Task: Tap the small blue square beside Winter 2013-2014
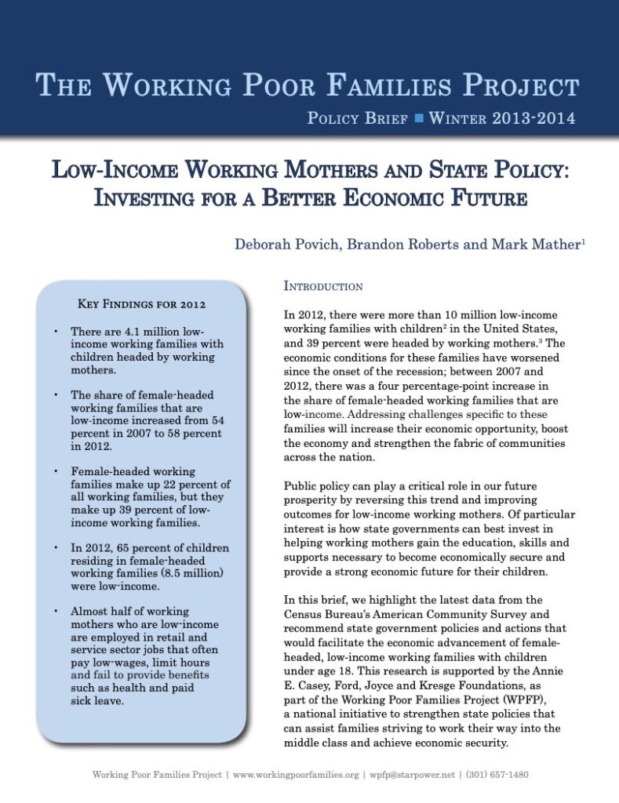click(419, 119)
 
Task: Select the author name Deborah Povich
click(281, 244)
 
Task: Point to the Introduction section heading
click(323, 287)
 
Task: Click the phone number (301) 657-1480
click(497, 775)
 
